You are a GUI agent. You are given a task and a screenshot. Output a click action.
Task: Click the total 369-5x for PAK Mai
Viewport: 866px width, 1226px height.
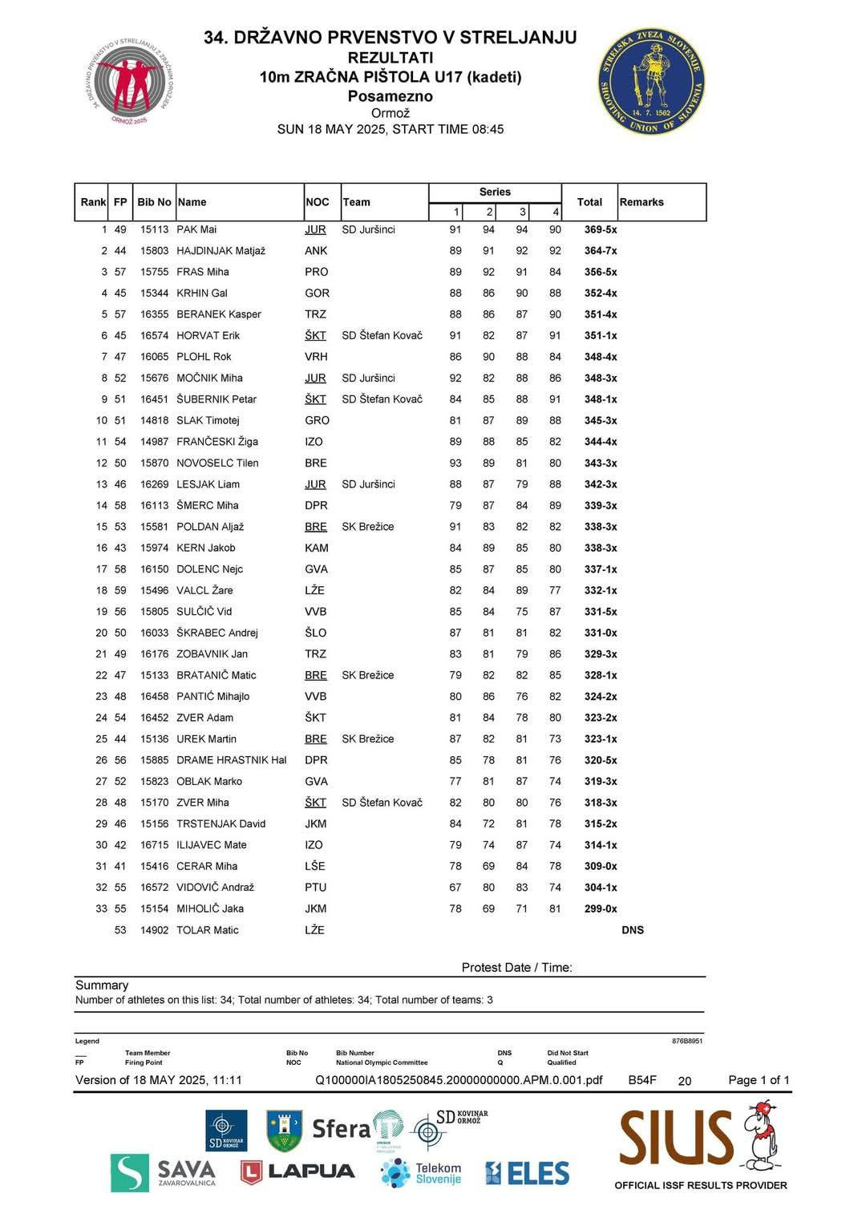[x=601, y=229]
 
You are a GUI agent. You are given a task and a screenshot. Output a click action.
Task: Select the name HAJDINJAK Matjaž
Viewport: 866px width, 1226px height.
[x=221, y=251]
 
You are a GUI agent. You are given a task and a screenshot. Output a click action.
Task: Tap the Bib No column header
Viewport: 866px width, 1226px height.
[x=154, y=202]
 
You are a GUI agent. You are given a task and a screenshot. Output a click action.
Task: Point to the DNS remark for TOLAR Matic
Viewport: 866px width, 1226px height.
[x=633, y=930]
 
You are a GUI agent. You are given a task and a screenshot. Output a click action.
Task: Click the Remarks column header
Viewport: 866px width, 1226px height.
[x=641, y=202]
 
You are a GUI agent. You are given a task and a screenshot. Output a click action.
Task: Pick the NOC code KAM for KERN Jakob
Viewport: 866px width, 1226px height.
[x=317, y=548]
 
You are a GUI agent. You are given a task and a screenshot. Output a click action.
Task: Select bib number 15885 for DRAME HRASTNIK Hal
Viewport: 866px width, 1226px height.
[x=154, y=760]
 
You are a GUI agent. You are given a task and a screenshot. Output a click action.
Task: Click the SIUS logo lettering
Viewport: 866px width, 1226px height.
[x=676, y=1138]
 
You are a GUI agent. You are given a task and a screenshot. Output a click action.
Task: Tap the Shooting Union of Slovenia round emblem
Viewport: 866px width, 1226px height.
[x=651, y=81]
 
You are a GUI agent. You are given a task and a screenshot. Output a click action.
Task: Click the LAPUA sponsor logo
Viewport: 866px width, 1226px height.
[x=297, y=1171]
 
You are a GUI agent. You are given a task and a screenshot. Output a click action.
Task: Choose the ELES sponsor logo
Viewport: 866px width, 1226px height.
[x=528, y=1173]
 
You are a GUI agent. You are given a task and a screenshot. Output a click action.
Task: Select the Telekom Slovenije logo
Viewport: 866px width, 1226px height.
[x=422, y=1173]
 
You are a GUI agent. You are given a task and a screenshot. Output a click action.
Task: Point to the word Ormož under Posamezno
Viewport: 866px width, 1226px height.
[x=390, y=113]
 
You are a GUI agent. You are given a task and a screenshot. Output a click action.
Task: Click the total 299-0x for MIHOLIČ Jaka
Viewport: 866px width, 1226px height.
[x=601, y=908]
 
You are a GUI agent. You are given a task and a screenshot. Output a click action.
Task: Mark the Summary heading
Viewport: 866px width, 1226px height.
[x=102, y=985]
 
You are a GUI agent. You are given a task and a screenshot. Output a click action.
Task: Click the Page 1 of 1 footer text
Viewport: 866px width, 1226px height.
[x=758, y=1080]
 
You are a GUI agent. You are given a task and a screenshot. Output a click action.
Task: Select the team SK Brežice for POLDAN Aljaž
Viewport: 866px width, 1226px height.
[x=367, y=527]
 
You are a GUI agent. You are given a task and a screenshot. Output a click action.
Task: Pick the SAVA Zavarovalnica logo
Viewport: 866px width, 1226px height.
[x=164, y=1173]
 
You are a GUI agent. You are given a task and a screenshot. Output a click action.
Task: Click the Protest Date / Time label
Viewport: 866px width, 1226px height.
[x=516, y=967]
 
